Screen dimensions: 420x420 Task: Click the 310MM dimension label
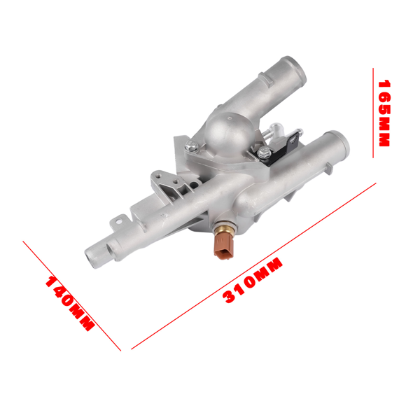click(253, 281)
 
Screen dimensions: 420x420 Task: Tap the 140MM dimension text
click(69, 302)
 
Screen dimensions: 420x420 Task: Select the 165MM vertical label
click(384, 112)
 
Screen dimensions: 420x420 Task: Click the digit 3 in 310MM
click(229, 295)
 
